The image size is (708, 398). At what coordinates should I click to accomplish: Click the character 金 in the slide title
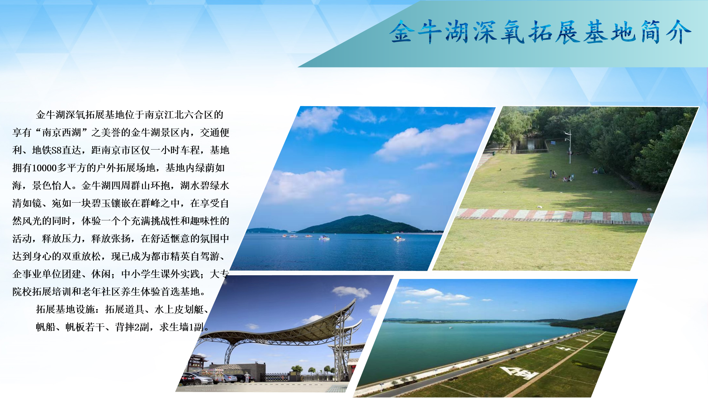(x=402, y=32)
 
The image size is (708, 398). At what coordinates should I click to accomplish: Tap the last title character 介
(x=678, y=32)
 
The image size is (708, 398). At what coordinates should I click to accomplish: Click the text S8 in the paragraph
(x=56, y=150)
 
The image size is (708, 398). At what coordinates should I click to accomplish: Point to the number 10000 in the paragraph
(x=44, y=168)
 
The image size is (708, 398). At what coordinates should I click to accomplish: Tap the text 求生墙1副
(x=181, y=327)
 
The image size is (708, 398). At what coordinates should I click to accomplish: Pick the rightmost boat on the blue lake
(x=399, y=238)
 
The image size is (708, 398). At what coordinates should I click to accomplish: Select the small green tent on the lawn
(x=601, y=170)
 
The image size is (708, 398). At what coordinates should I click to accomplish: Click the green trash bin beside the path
(x=493, y=153)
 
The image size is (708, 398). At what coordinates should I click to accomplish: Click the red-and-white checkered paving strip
(x=553, y=216)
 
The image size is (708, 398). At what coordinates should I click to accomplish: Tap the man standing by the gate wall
(x=247, y=377)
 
